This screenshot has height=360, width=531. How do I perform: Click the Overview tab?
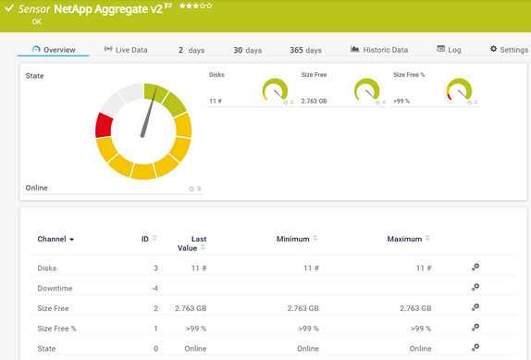click(54, 50)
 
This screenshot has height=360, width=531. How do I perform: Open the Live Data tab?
click(125, 50)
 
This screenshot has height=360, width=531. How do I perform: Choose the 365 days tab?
click(305, 50)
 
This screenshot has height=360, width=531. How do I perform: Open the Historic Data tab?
click(379, 50)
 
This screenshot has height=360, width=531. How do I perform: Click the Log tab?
click(449, 50)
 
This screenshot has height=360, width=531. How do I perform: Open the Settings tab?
click(508, 50)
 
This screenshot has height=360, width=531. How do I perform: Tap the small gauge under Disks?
click(276, 90)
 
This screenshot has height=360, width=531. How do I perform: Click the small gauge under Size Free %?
click(460, 90)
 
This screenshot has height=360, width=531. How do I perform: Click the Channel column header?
click(56, 239)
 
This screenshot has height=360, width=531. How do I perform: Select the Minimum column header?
click(293, 239)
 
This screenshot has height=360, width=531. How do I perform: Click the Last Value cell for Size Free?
click(191, 308)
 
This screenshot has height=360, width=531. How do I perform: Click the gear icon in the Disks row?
click(475, 267)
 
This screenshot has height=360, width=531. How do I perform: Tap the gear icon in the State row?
click(475, 348)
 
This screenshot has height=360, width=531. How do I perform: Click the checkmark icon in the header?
click(9, 8)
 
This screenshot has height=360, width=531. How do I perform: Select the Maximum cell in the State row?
click(420, 348)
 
